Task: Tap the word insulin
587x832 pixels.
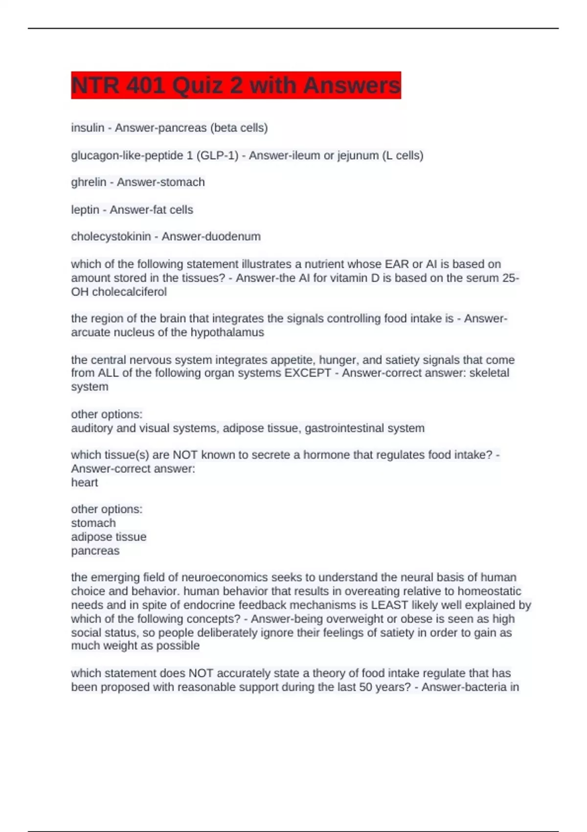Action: [88, 128]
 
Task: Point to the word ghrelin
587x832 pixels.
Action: [89, 182]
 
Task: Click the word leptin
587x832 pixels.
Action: [85, 210]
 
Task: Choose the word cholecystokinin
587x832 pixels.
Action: [111, 236]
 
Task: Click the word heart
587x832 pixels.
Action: [85, 483]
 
